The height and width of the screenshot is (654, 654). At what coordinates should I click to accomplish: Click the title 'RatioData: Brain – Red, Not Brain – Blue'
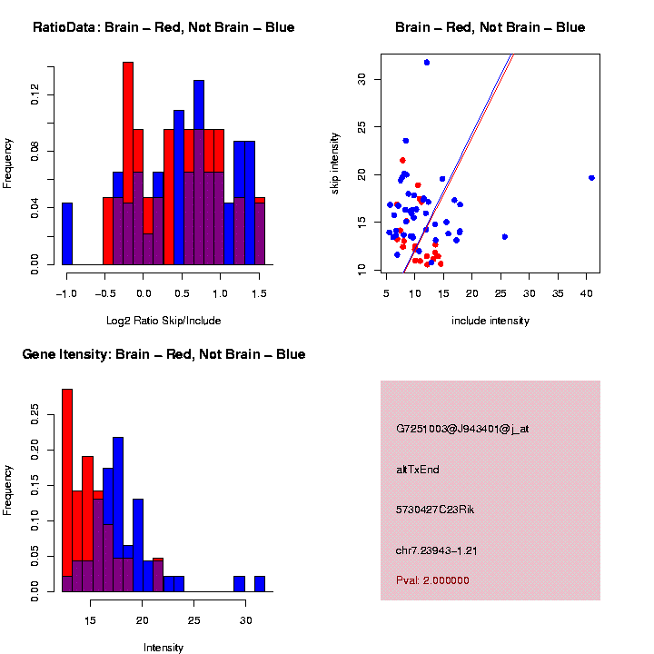pos(163,27)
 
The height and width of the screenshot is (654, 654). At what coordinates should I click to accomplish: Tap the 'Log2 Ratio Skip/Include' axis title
pos(163,321)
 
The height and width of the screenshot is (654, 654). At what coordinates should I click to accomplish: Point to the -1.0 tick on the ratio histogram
pos(66,292)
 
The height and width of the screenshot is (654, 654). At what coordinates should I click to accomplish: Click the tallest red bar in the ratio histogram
pos(128,163)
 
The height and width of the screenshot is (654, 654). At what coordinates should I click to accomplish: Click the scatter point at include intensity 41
pos(591,178)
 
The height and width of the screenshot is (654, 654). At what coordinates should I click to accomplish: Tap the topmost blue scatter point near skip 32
pos(427,62)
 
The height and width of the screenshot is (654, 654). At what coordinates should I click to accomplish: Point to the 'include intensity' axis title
pos(490,321)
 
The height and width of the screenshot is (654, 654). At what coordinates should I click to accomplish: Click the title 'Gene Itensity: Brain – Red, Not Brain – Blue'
pos(163,354)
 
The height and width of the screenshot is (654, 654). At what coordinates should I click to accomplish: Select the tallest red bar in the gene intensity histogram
pos(66,490)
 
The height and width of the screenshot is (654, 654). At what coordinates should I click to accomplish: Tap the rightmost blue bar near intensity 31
pos(260,584)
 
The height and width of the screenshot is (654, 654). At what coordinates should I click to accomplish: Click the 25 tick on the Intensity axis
pos(193,619)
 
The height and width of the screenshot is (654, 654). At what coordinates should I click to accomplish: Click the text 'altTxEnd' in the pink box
pos(418,470)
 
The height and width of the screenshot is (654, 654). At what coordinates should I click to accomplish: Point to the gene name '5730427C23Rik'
pos(435,510)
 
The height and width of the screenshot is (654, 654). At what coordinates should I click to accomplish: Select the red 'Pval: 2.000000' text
pos(432,580)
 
